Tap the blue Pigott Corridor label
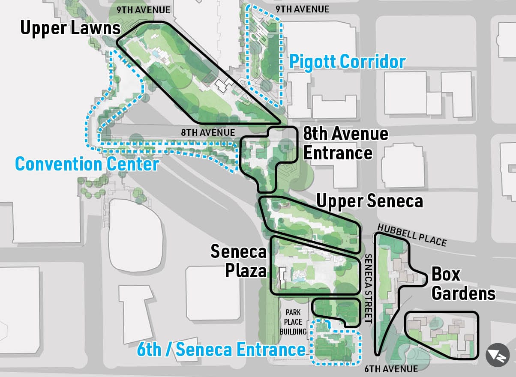point(347,62)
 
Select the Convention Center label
point(87,164)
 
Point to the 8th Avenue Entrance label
point(345,143)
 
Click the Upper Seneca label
point(369,200)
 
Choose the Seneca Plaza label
point(238,261)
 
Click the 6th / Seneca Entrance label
point(221,350)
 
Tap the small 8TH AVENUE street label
point(208,133)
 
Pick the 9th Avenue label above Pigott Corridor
point(302,9)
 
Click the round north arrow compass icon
point(497,355)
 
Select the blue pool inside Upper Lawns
point(157,54)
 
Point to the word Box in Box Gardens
point(446,274)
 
